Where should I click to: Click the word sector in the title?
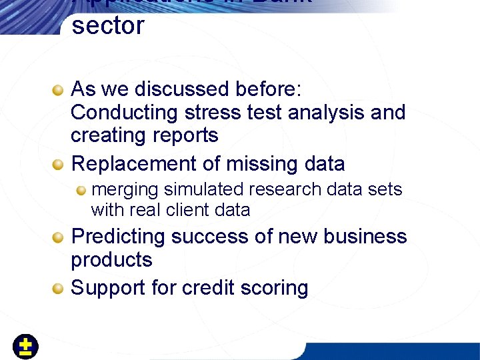pos(107,26)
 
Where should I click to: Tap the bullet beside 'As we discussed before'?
pos(59,89)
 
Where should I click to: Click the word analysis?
pos(327,112)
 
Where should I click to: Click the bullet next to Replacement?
pos(59,164)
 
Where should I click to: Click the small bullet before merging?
pos(81,190)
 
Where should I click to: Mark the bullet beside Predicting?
pos(59,237)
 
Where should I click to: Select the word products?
pos(111,260)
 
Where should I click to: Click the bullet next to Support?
pos(59,288)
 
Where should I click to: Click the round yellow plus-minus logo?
pos(25,347)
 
